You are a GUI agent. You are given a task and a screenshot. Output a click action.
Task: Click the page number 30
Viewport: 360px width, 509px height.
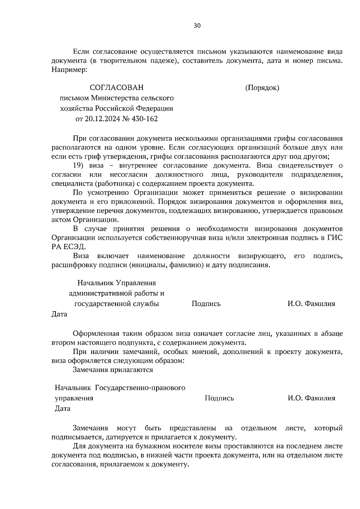(197, 26)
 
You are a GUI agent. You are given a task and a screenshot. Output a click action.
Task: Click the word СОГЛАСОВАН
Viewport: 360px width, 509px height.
(117, 88)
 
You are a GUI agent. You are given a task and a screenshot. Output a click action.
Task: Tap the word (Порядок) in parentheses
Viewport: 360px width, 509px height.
(262, 88)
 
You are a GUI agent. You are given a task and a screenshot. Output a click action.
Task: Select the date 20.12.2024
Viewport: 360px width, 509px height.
(102, 119)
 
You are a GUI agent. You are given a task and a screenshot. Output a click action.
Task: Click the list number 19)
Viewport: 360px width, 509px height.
(80, 166)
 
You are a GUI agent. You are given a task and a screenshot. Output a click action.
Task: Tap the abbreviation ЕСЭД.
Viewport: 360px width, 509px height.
(75, 247)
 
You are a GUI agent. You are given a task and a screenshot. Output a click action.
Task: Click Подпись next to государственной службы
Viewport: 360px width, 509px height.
(206, 304)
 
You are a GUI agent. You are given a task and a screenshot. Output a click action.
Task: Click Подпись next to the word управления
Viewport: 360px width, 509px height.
(219, 398)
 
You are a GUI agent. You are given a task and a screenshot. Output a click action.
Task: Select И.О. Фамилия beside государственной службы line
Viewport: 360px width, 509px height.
(311, 304)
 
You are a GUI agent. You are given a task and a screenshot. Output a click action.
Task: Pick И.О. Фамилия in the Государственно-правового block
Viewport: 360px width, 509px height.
(311, 398)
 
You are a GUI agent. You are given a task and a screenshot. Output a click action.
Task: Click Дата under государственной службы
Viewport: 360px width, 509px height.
(59, 314)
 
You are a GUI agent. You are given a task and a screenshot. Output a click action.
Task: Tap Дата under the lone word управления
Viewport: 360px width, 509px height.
(62, 409)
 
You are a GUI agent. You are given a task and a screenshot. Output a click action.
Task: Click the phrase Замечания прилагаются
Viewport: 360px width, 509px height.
(113, 370)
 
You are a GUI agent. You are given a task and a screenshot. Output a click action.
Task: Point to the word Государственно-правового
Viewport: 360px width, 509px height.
(140, 388)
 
